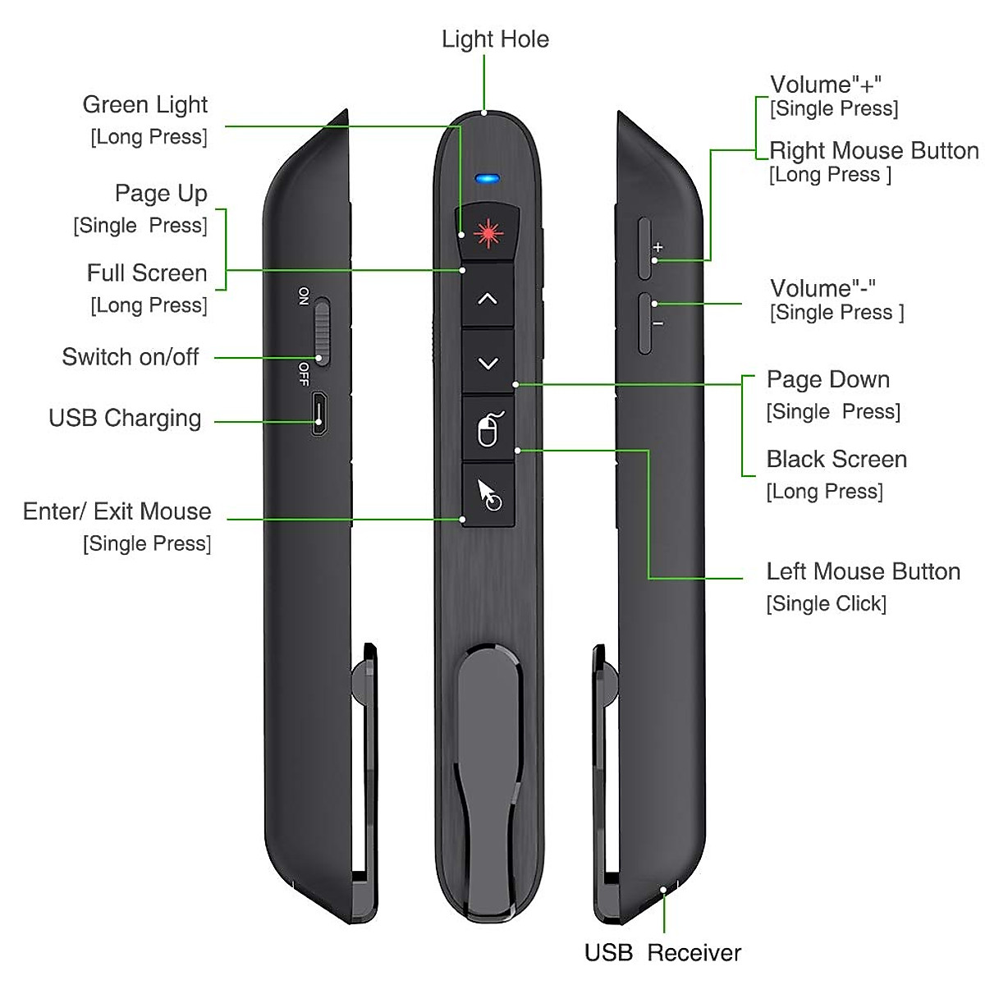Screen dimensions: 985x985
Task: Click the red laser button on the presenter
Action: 488,234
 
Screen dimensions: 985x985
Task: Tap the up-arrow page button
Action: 488,299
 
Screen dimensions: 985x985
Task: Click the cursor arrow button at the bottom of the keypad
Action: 488,494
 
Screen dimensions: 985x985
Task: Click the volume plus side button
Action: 646,247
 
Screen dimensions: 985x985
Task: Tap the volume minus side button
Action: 646,323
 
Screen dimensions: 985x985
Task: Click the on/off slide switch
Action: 321,331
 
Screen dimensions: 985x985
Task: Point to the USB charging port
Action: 320,415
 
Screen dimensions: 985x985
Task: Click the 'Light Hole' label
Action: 495,39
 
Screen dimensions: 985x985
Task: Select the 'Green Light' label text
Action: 145,105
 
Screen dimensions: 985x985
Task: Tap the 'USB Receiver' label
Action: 662,952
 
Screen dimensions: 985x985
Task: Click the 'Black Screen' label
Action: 836,459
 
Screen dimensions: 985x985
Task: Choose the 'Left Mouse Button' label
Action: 863,571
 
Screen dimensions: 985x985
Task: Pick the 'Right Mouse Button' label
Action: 873,151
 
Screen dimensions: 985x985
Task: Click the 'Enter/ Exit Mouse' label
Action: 117,511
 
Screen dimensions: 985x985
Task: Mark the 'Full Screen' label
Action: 147,273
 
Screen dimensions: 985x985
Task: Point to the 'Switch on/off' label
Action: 131,357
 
